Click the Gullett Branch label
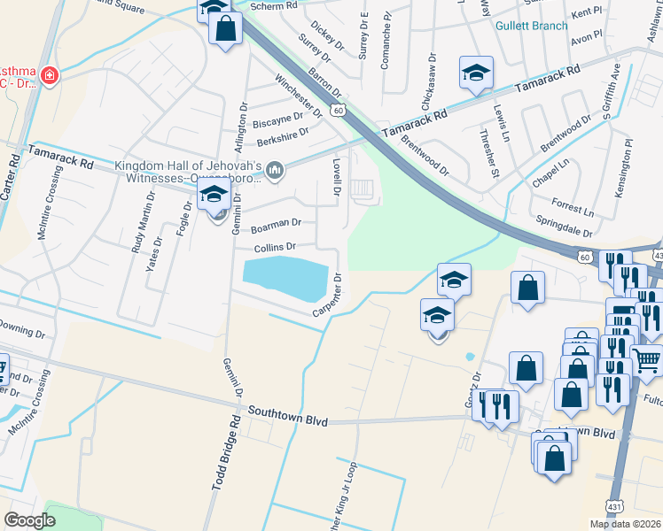point(531,26)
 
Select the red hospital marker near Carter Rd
point(49,75)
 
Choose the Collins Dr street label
point(273,247)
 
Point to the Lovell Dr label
point(337,177)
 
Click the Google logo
point(29,520)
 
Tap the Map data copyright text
point(625,524)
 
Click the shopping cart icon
point(647,360)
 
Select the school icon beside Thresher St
point(476,73)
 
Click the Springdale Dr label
point(564,225)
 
